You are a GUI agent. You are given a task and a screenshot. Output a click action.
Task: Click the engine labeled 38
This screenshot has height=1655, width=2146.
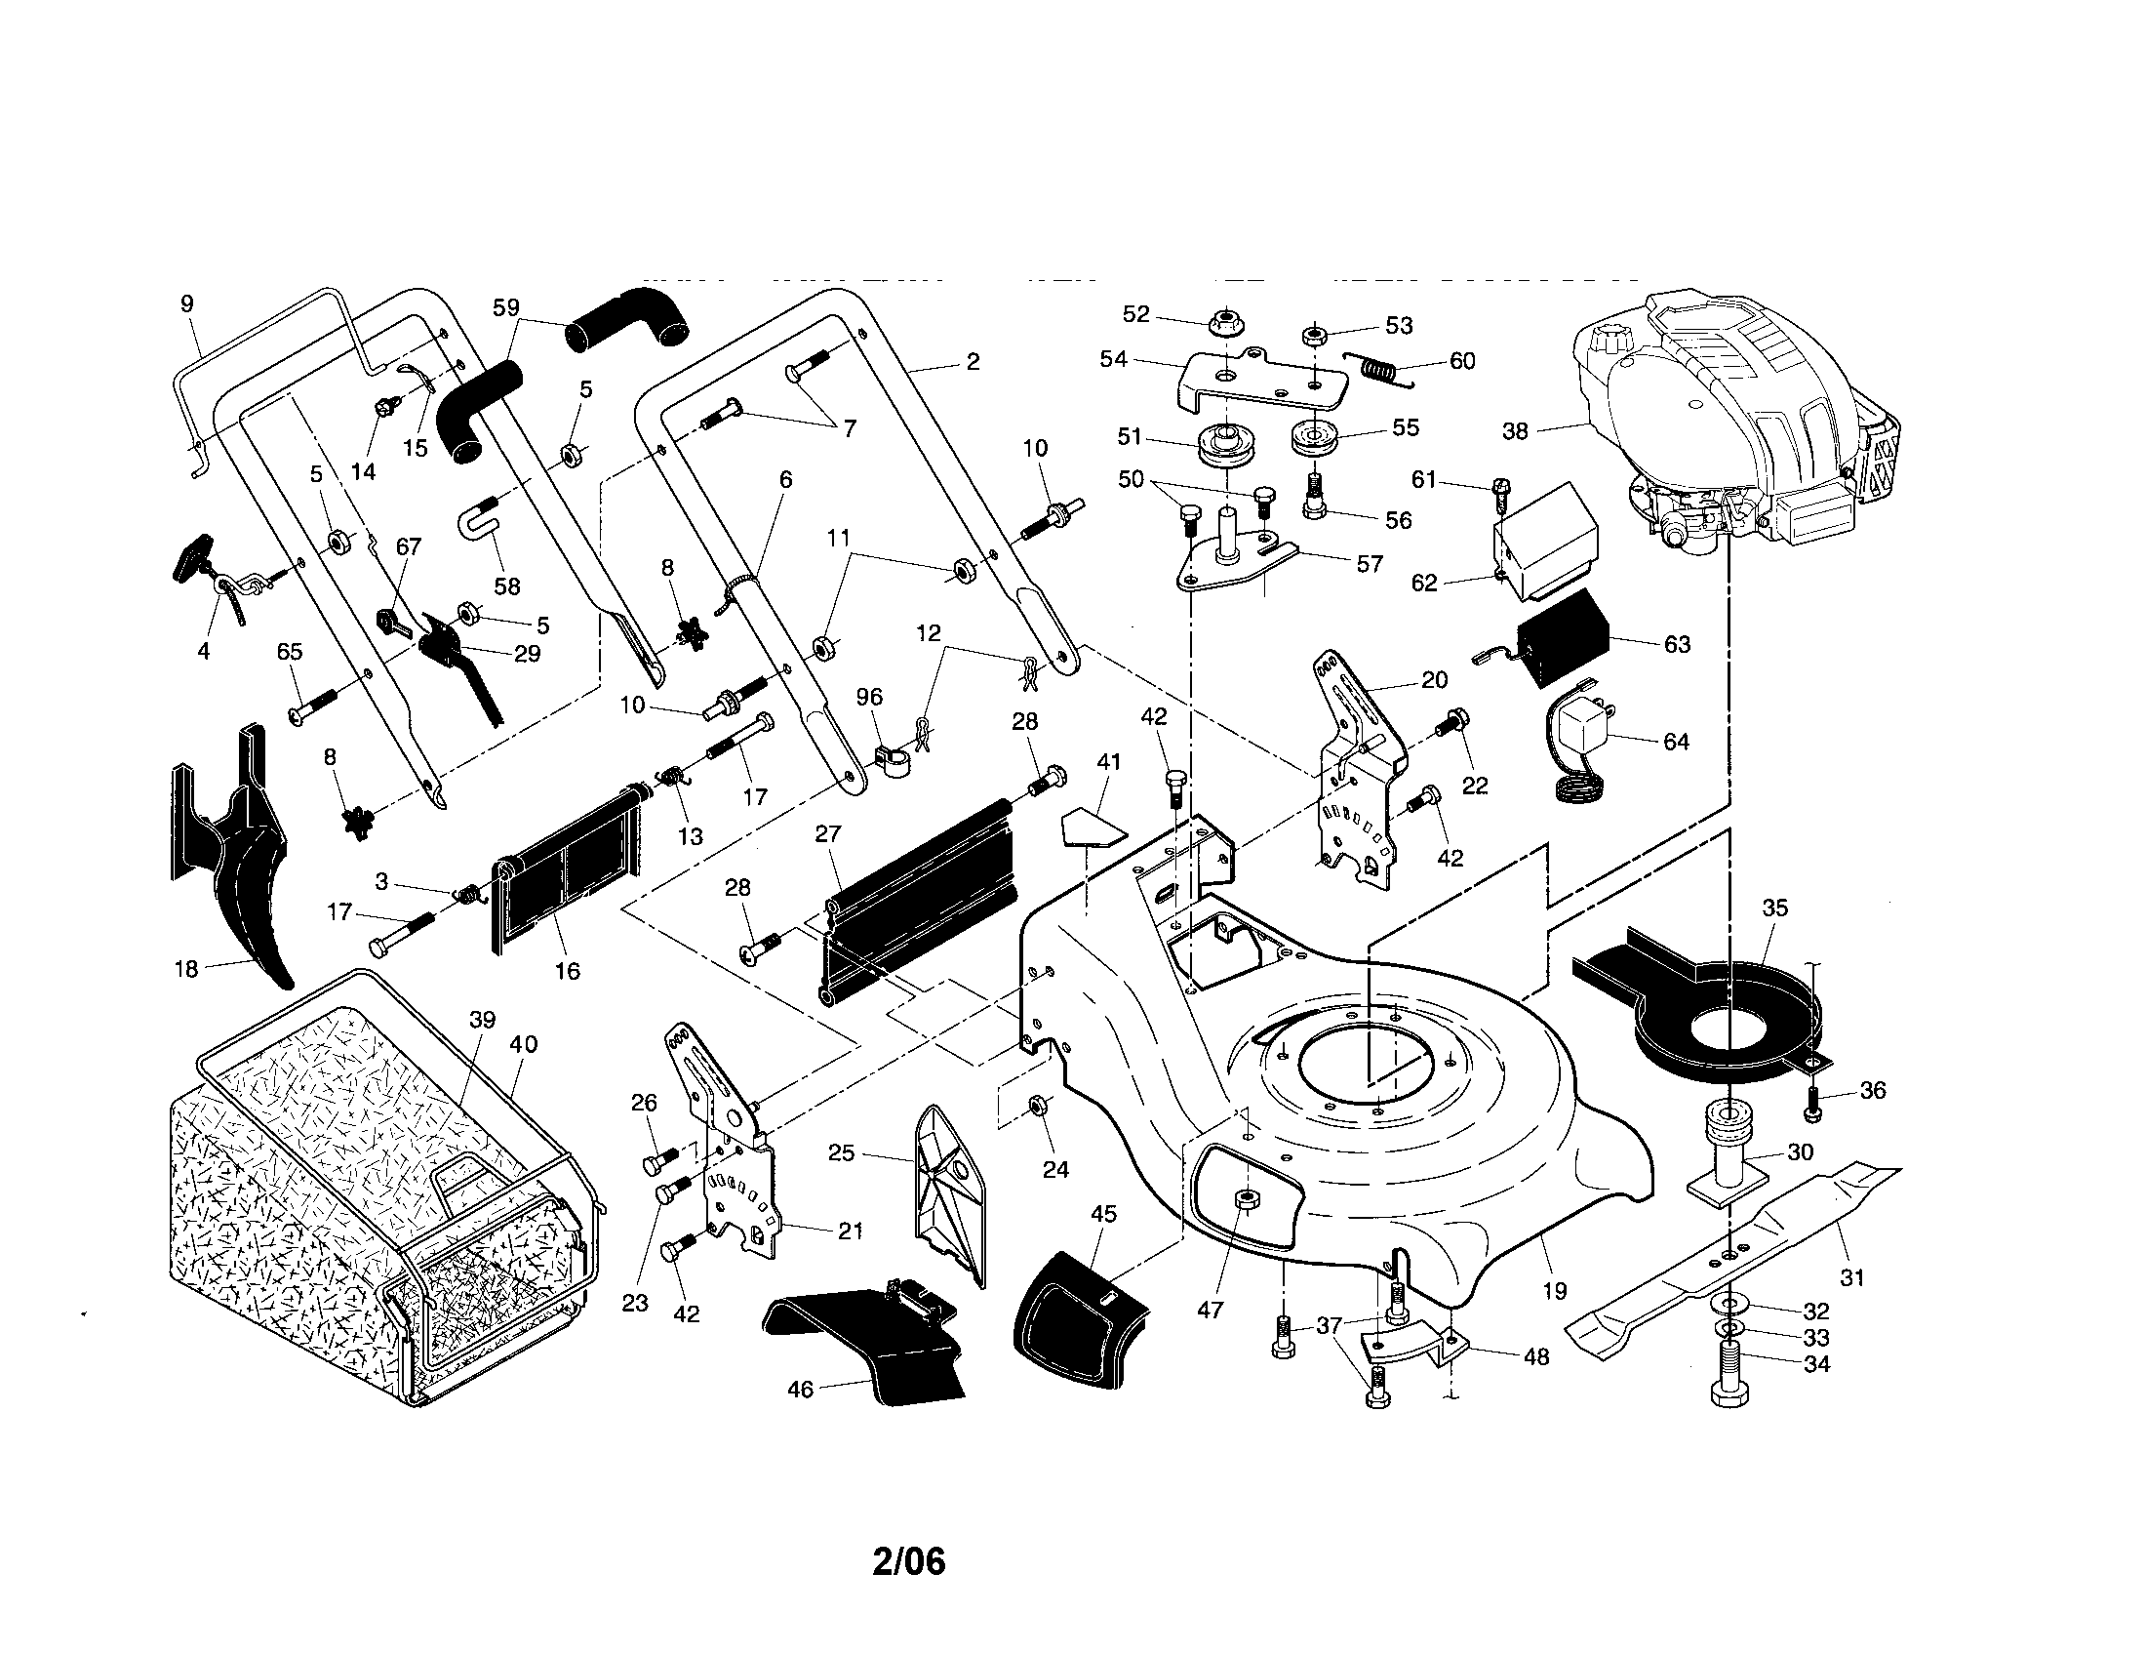tap(1729, 423)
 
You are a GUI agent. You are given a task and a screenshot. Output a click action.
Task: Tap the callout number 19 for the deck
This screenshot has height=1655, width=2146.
tap(1555, 1290)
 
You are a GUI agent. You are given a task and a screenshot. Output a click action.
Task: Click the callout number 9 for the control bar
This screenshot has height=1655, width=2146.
tap(187, 303)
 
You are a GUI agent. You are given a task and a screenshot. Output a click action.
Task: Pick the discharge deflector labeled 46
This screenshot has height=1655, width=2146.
tap(864, 1342)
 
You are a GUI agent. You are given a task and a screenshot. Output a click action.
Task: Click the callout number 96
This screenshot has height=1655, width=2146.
tap(868, 697)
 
